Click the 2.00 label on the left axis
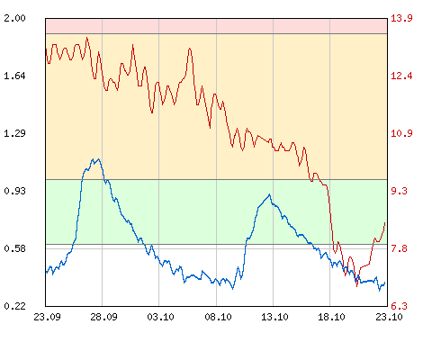(14, 18)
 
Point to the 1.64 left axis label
(14, 76)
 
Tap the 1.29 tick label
(14, 133)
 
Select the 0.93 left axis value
(14, 191)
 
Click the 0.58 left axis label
(14, 248)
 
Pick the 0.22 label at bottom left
(14, 306)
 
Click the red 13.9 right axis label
(401, 18)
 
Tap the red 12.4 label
(401, 76)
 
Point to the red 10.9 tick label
(401, 133)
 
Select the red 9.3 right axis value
(399, 191)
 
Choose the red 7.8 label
(399, 248)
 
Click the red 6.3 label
(399, 306)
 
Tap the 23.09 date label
(47, 317)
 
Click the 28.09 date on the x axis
(103, 317)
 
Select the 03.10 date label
(160, 317)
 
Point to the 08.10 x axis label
(218, 317)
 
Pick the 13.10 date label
(274, 317)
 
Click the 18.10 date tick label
(331, 317)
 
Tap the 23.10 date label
(389, 317)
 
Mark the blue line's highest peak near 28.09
(98, 159)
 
